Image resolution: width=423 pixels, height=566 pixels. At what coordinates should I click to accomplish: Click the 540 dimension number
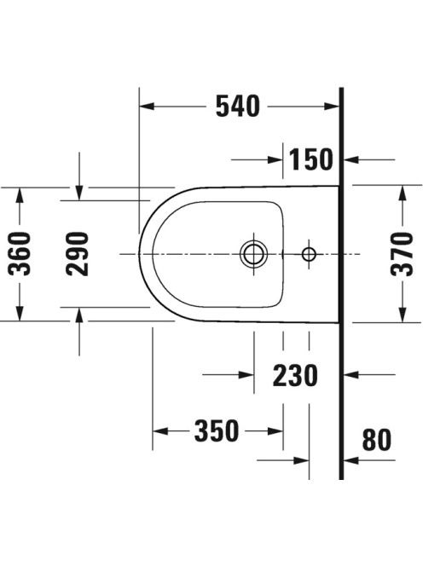pos(238,106)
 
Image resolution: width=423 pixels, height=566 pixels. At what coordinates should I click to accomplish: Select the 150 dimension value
pos(311,159)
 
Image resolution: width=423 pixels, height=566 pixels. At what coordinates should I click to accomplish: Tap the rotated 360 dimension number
pos(20,254)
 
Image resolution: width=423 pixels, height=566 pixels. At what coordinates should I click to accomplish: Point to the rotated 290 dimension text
pos(78,254)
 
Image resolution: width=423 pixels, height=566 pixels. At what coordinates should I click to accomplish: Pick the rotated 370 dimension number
pos(402,254)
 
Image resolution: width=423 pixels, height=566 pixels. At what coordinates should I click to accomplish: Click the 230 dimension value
pos(295,375)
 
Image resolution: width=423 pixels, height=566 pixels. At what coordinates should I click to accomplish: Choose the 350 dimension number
pos(217,430)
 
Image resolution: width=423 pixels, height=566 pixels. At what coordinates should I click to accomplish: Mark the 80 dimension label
pos(376,440)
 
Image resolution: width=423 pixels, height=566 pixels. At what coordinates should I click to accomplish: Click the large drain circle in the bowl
pos(254,254)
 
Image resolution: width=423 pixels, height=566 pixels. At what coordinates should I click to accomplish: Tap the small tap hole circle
pos(309,254)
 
